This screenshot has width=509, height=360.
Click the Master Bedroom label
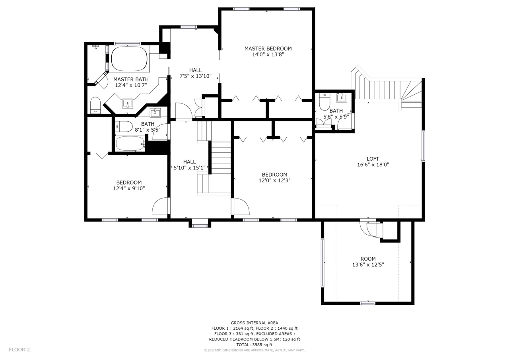[268, 49]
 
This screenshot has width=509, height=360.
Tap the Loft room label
[373, 159]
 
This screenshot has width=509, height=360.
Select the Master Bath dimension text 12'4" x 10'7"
[131, 85]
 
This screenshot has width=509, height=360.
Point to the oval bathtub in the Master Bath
[128, 58]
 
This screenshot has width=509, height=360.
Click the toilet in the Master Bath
[95, 105]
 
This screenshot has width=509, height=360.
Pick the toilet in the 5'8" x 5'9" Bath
[324, 101]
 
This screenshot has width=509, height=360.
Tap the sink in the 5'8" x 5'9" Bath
[341, 98]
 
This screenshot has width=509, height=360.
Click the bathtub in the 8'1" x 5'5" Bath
[130, 144]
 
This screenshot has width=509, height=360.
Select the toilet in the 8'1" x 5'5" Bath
[124, 126]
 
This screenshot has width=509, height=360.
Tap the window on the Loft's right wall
[424, 146]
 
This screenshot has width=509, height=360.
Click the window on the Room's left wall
[322, 263]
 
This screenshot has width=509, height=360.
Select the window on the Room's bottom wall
[368, 303]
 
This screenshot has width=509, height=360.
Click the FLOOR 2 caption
[19, 350]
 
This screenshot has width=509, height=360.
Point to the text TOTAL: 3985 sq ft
[254, 344]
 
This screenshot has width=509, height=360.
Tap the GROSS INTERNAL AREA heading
[254, 323]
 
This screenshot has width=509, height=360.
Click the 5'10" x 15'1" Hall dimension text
[190, 168]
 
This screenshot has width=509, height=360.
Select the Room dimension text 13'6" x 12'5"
[368, 265]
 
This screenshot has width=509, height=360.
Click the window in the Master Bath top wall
[128, 43]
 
